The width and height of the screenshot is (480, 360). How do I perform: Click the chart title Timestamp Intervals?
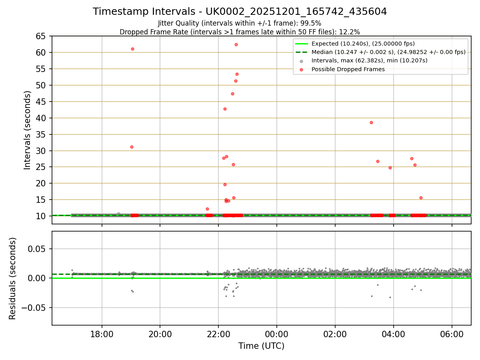coord(240,12)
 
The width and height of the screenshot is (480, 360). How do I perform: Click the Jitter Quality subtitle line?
coord(240,23)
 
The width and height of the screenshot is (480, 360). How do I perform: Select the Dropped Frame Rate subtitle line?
coord(240,32)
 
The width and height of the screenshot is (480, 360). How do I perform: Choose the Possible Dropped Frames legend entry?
coord(348,69)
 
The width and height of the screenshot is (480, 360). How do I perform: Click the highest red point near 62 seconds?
coord(236,44)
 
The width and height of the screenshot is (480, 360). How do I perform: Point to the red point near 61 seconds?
coord(132,49)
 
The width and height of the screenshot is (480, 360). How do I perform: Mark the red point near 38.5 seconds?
coord(371,122)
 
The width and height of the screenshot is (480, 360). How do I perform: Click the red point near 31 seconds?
coord(132,147)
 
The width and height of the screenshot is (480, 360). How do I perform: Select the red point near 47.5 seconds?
coord(232,94)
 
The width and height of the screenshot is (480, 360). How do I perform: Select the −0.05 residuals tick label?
coord(36,308)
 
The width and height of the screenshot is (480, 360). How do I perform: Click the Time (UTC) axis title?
coord(261,346)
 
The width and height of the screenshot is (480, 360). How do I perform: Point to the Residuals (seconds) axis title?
coord(13,278)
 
